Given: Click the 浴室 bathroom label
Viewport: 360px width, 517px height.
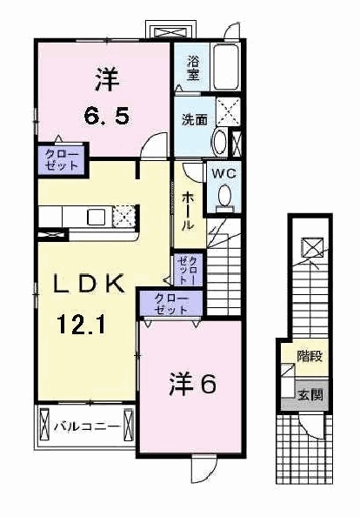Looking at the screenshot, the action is [194, 68].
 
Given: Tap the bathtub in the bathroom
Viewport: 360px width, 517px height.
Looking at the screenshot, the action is [225, 67].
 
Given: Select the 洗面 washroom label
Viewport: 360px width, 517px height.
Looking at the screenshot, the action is [195, 120].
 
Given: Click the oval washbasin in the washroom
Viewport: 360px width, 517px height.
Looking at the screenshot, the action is [219, 143].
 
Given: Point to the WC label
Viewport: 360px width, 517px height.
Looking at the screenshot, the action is [224, 173].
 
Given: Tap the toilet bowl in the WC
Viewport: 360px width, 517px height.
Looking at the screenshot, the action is [225, 195].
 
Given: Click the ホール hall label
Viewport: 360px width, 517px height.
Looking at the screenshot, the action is [188, 211].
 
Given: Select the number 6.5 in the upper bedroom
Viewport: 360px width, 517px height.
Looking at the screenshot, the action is [106, 116].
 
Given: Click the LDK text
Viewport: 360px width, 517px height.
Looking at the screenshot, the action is [89, 284].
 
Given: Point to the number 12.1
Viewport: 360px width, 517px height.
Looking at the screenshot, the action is [81, 324].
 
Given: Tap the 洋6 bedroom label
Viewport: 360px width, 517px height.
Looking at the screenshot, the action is [193, 385].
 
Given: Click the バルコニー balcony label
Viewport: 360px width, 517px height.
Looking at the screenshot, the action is [87, 427].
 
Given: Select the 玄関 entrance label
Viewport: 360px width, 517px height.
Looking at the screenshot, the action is [310, 394].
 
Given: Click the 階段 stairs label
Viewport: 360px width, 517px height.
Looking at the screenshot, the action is [310, 357].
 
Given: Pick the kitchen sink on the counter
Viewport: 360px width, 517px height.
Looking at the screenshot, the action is [96, 218].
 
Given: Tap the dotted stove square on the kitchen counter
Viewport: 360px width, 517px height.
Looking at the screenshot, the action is [123, 217].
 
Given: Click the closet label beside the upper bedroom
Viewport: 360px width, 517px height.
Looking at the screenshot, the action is [62, 159].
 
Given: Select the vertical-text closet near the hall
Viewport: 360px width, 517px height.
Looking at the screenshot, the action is [188, 271].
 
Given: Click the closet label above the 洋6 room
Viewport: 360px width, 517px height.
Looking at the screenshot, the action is [171, 304].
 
